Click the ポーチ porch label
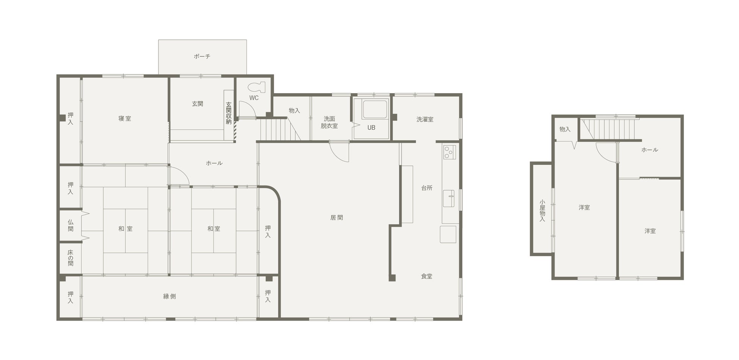pos(202,56)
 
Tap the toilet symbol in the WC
pos(257,87)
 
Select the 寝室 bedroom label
pos(125,119)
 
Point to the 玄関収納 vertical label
pos(229,113)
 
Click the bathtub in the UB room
pos(375,110)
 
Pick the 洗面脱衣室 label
pos(329,122)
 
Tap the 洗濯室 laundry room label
pos(425,119)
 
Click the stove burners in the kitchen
pos(449,152)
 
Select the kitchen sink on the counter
pos(449,198)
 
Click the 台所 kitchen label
pos(427,188)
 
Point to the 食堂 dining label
pos(427,276)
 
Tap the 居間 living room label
pos(337,218)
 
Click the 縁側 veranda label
pos(169,296)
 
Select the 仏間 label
pos(70,225)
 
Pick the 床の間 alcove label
pos(70,258)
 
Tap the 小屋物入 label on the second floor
pos(542,211)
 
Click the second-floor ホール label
pos(650,150)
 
